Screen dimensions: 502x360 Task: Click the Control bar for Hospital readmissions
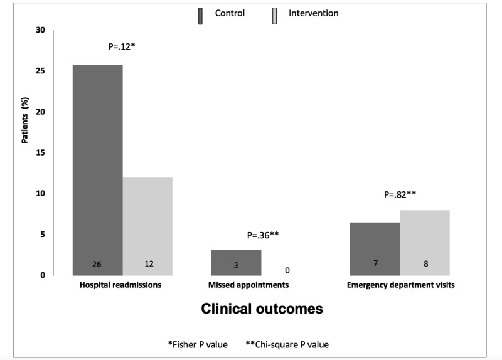(x=98, y=170)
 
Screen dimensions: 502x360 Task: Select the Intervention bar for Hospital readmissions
(x=147, y=226)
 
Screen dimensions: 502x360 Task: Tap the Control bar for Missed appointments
(x=237, y=262)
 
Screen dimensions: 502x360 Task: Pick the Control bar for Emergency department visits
(x=375, y=249)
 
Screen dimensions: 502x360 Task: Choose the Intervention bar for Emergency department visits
(x=425, y=243)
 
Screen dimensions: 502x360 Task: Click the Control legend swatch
(x=200, y=16)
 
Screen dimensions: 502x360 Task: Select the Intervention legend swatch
(x=275, y=16)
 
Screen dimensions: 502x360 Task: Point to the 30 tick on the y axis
(x=41, y=30)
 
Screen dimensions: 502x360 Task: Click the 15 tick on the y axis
(x=41, y=152)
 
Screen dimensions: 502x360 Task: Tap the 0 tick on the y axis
(x=43, y=275)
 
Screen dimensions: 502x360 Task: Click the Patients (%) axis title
(x=25, y=120)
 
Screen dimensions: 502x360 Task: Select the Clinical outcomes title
(x=262, y=309)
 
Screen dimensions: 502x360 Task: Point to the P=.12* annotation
(x=122, y=46)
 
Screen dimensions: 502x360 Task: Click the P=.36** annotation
(x=263, y=236)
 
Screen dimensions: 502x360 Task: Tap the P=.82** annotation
(x=400, y=194)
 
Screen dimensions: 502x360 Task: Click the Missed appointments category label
(x=248, y=285)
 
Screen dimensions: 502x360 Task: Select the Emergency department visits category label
(x=401, y=285)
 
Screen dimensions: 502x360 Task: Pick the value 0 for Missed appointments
(x=287, y=271)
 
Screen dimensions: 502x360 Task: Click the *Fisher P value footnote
(x=198, y=345)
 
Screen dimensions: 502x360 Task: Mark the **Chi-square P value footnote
(x=287, y=345)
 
